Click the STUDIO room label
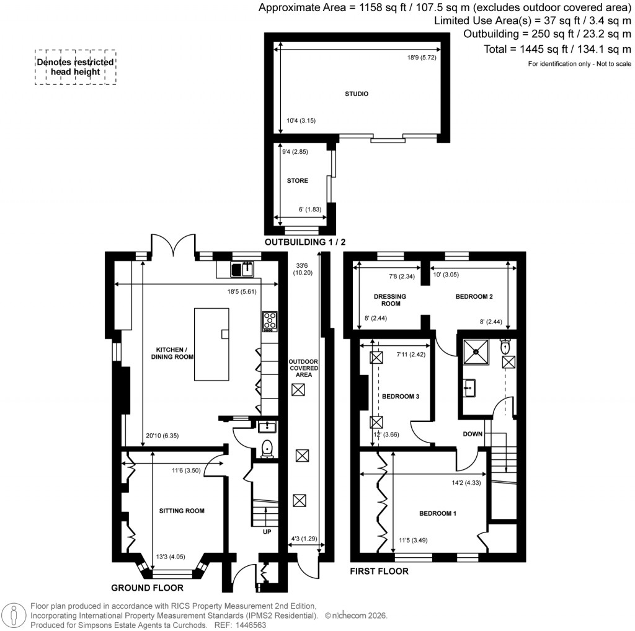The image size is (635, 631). click(357, 94)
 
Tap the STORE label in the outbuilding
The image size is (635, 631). click(297, 181)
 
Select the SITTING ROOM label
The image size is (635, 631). click(182, 511)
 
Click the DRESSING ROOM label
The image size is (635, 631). click(390, 301)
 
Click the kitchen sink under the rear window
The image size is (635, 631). click(242, 269)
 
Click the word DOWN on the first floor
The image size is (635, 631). click(473, 434)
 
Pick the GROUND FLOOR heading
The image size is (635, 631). click(147, 587)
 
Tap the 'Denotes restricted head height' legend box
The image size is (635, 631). click(75, 67)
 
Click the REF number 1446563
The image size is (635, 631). click(249, 625)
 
